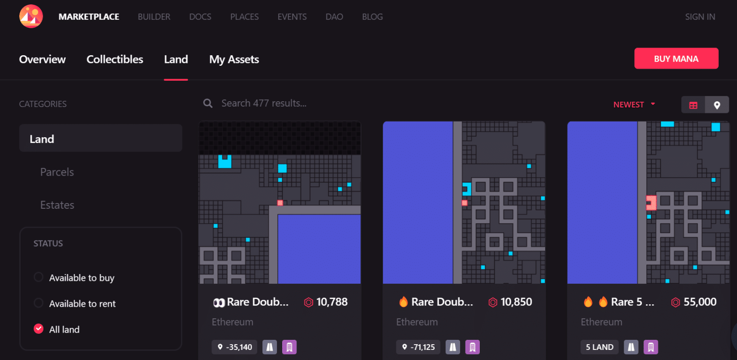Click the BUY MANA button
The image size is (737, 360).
[676, 59]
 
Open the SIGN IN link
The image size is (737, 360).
[700, 17]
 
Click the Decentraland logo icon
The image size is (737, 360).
[31, 17]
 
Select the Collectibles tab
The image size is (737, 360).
[115, 60]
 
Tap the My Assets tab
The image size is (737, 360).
[234, 60]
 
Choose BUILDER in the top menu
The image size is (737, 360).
[154, 17]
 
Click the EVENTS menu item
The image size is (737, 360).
[292, 17]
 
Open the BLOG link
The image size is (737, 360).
[372, 17]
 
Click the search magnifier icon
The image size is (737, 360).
[208, 103]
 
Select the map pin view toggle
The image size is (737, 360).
[717, 105]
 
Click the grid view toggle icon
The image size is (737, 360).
[693, 105]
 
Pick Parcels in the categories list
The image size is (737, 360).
[57, 172]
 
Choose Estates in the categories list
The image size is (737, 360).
[57, 205]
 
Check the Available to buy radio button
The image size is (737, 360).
[38, 277]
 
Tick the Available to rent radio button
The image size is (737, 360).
[38, 303]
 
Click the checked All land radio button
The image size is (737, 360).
[38, 329]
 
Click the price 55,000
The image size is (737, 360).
[700, 302]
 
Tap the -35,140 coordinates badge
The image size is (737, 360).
[235, 347]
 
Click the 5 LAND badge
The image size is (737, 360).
[599, 347]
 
